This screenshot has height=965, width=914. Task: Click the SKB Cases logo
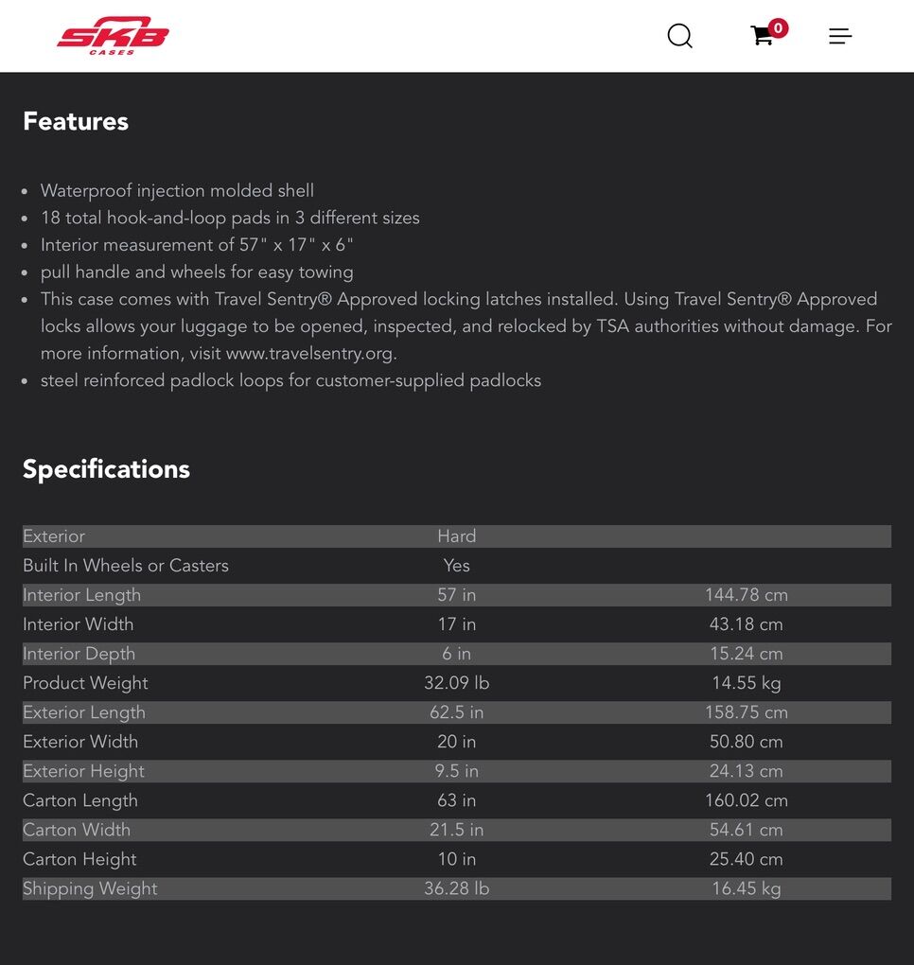113,36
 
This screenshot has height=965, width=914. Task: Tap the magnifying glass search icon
679,36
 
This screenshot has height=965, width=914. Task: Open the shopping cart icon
763,36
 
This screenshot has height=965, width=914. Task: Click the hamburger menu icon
840,36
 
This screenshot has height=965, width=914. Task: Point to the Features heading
76,121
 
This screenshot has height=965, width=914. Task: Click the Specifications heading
106,469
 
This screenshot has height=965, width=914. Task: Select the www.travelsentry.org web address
310,353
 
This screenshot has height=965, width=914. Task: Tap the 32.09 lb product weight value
456,683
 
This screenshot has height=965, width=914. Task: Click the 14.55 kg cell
746,683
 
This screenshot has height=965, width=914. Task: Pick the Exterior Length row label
84,712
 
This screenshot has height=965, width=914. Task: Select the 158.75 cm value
746,712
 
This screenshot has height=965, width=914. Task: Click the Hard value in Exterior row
456,536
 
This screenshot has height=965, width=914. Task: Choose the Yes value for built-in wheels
456,566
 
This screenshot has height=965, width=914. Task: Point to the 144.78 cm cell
746,595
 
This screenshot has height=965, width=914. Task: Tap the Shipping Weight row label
90,888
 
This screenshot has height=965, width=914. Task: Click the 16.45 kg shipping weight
746,888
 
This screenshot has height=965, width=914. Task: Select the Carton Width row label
77,830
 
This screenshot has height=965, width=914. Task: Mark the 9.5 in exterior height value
456,771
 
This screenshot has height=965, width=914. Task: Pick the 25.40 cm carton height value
746,859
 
